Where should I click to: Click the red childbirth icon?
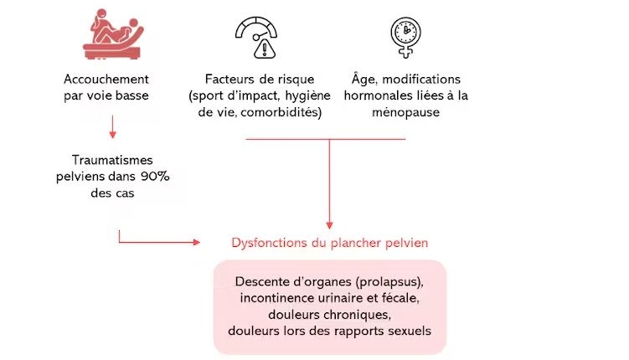click(113, 35)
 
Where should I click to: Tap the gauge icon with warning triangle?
click(256, 38)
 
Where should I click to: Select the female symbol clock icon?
click(405, 38)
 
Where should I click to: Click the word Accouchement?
click(106, 80)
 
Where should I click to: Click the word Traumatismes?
click(112, 161)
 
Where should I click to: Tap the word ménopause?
click(405, 112)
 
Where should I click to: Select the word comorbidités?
click(281, 112)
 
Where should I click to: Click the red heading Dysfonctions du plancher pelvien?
click(330, 243)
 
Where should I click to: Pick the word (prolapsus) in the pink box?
click(389, 282)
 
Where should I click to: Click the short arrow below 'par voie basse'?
click(113, 126)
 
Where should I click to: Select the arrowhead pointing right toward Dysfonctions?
click(197, 242)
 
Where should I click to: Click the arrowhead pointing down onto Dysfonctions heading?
click(329, 225)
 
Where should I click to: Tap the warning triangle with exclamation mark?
click(265, 49)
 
